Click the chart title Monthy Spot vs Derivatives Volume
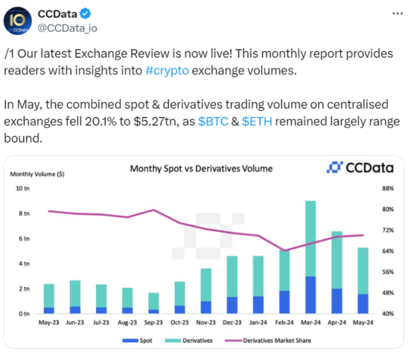201,168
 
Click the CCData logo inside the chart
355,168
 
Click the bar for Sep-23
153,302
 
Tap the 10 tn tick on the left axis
23,189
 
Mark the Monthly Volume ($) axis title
38,174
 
